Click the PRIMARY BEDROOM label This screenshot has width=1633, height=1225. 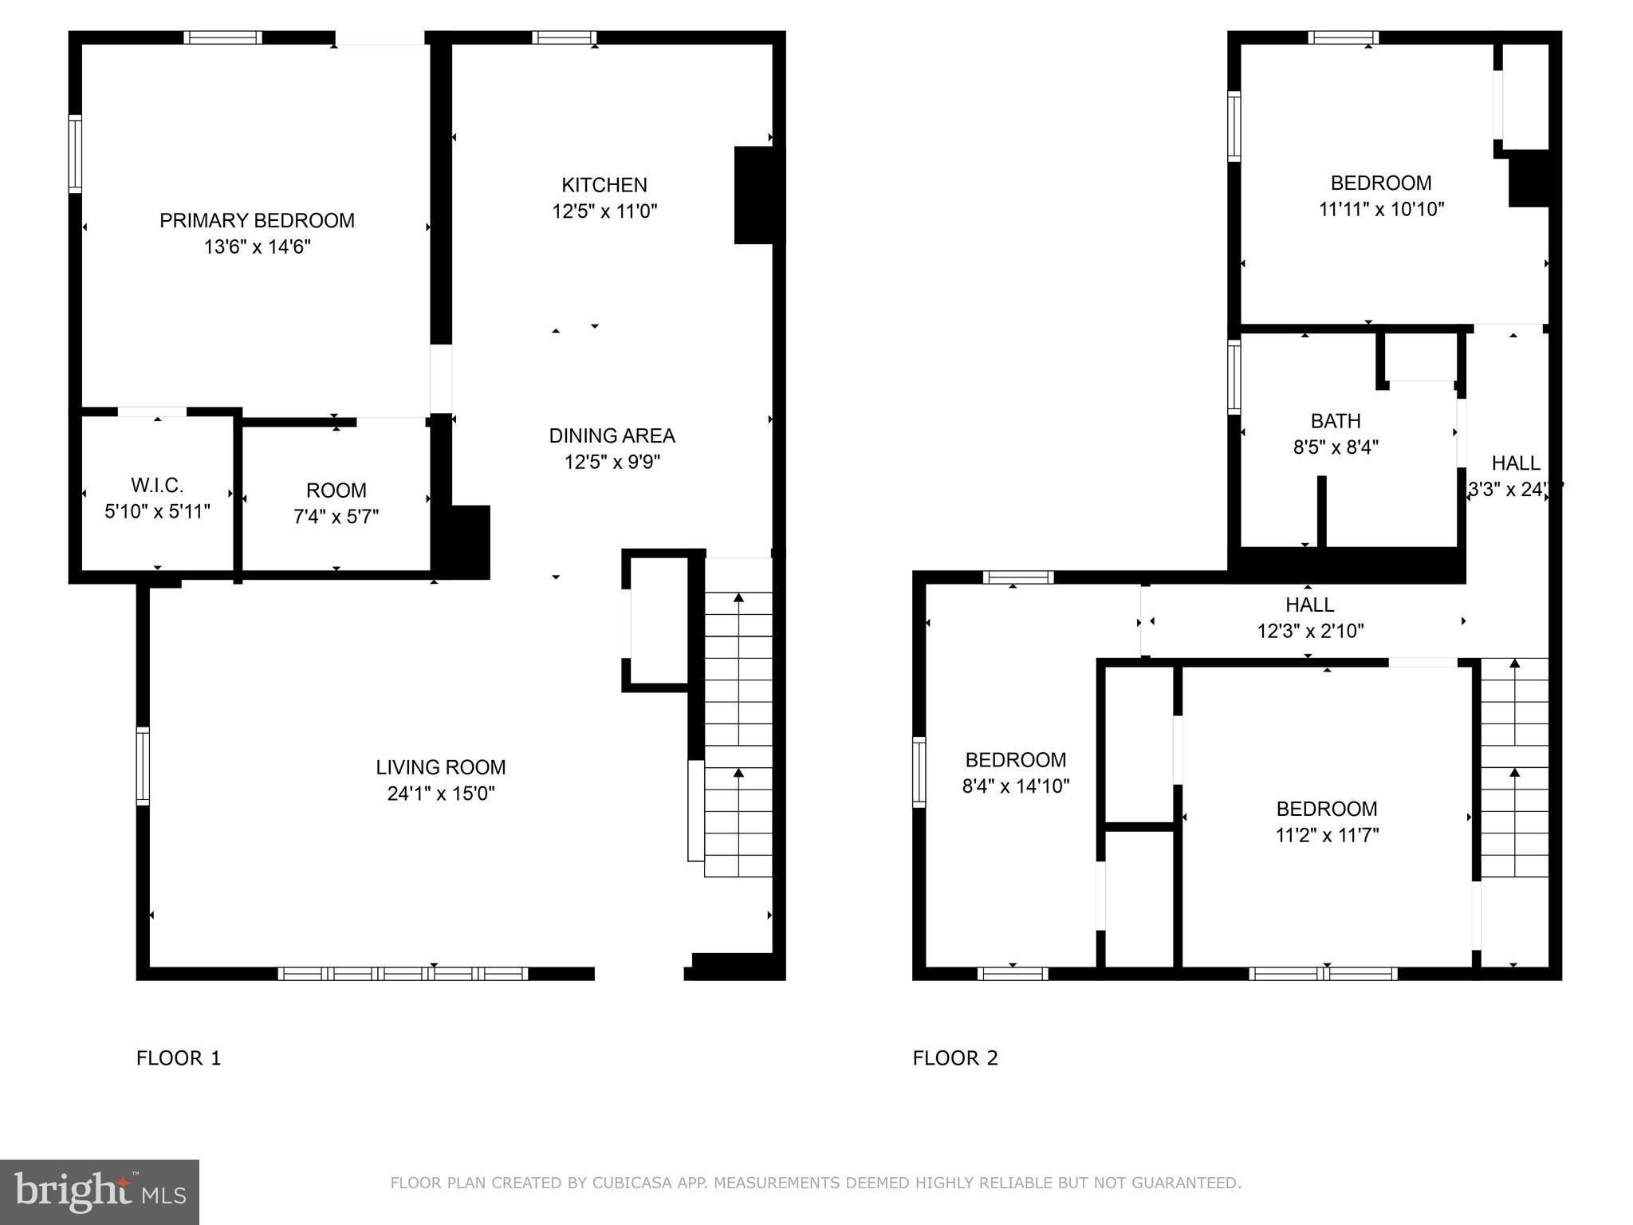click(x=257, y=221)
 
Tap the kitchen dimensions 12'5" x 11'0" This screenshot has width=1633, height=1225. click(x=604, y=211)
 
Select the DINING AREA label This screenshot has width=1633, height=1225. click(x=612, y=435)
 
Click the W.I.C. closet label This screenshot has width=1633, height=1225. click(x=157, y=485)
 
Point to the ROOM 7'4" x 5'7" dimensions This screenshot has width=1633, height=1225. click(x=336, y=517)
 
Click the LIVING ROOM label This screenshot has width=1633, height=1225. click(x=440, y=767)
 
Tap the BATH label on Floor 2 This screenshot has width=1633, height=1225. click(x=1336, y=421)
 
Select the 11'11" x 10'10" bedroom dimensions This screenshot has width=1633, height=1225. click(x=1381, y=210)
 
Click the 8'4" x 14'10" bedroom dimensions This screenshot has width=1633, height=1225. click(x=1015, y=786)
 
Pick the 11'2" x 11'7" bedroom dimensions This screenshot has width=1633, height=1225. click(x=1327, y=835)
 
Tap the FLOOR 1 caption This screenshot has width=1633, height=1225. click(x=179, y=1058)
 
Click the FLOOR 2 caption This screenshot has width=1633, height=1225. click(x=955, y=1058)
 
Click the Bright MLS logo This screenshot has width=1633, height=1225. click(x=100, y=1192)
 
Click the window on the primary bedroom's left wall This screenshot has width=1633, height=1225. click(x=75, y=153)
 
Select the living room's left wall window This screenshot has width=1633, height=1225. click(x=143, y=766)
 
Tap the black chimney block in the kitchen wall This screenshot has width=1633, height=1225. click(x=754, y=195)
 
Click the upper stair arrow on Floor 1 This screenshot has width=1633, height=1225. click(x=738, y=597)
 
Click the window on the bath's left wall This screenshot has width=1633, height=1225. click(x=1234, y=377)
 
